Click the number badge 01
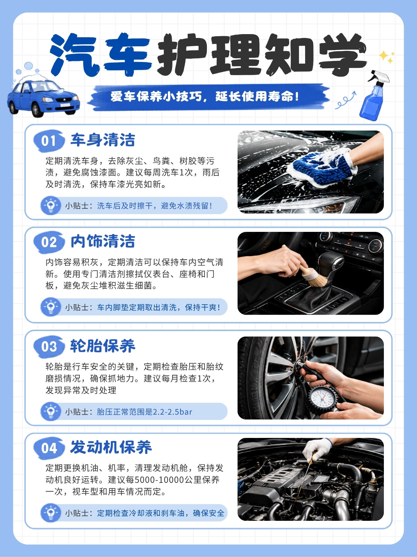49,141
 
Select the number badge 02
49,242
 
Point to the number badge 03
49,347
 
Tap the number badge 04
49,448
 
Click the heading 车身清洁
103,140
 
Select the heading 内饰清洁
103,241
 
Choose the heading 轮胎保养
103,346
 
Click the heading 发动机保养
111,447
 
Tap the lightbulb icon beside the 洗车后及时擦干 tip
51,205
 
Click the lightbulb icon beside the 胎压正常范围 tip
51,411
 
